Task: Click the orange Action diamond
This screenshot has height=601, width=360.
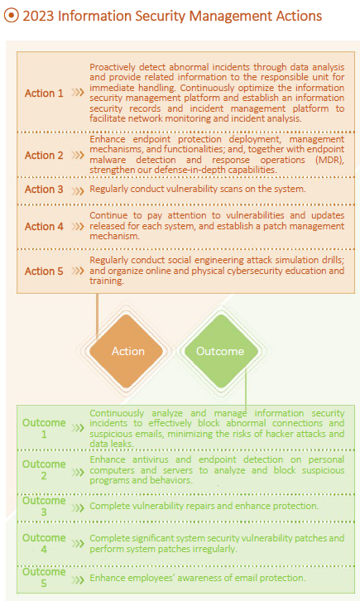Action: [128, 351]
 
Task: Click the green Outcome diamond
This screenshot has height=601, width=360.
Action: [220, 351]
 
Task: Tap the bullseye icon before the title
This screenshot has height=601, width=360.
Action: [11, 16]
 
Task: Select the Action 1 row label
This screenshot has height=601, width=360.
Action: [44, 94]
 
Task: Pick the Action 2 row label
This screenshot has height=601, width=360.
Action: [44, 156]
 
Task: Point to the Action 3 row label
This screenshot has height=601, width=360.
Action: [44, 190]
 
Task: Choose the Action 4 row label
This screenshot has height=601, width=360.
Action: [44, 227]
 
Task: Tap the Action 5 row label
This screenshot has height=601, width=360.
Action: [44, 271]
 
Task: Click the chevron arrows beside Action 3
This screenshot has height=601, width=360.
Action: [78, 190]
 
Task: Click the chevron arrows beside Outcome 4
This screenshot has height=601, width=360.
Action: [78, 544]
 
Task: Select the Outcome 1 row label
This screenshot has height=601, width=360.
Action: [44, 429]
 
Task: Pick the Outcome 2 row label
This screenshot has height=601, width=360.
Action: [44, 470]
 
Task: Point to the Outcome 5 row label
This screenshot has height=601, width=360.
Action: [44, 578]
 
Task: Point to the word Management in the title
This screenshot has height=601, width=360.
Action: [226, 17]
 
